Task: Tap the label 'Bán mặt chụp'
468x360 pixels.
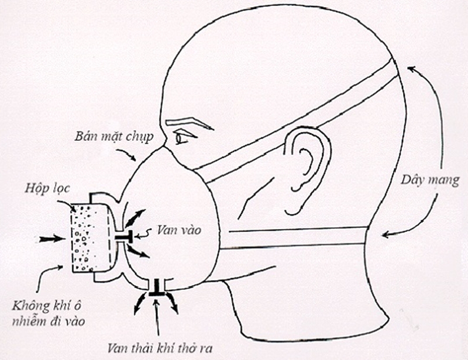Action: pos(113,138)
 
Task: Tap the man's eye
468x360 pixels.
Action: pos(183,140)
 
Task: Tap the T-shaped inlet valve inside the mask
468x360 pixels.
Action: pos(124,236)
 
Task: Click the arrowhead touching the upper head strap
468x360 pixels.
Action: pos(410,69)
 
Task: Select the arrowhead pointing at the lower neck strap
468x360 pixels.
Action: pos(384,236)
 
